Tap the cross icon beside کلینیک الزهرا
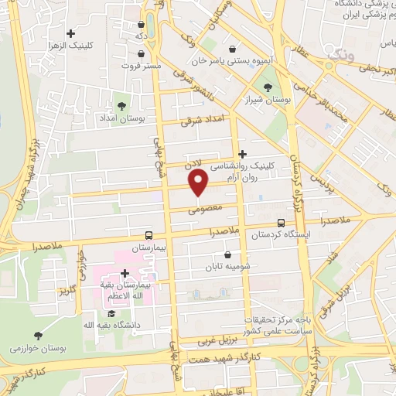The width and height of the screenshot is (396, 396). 71,33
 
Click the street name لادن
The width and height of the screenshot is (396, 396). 192,164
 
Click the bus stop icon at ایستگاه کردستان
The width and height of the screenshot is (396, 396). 280,222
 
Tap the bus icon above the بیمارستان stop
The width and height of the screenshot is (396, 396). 148,236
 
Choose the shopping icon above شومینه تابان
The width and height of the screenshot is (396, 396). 227,254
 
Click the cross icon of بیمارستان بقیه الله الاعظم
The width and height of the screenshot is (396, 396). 125,273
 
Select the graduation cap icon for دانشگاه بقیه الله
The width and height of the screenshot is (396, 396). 111,313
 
